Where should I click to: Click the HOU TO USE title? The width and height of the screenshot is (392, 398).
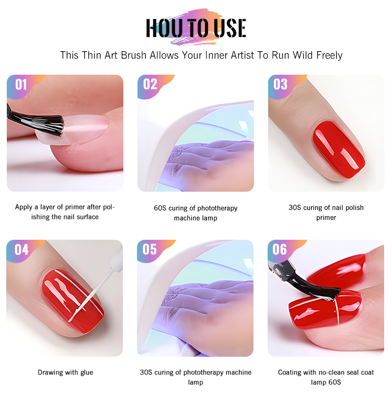click(196, 28)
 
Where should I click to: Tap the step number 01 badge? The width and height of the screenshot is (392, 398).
click(21, 85)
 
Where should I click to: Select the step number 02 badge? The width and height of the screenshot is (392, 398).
click(150, 84)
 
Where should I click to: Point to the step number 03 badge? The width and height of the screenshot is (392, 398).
click(280, 84)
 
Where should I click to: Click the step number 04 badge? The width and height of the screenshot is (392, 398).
click(21, 250)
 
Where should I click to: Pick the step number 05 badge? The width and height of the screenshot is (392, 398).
click(149, 249)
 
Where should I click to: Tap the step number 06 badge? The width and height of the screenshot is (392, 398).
click(280, 249)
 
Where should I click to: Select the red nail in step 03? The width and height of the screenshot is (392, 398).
click(339, 149)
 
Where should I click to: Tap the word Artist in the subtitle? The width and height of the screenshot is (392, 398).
click(242, 55)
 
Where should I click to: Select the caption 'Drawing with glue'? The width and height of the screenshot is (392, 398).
click(65, 372)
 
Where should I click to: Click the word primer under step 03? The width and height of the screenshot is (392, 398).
click(326, 217)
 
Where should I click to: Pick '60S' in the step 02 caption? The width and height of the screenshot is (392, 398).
click(160, 208)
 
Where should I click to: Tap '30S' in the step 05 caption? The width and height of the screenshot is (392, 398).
click(146, 372)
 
